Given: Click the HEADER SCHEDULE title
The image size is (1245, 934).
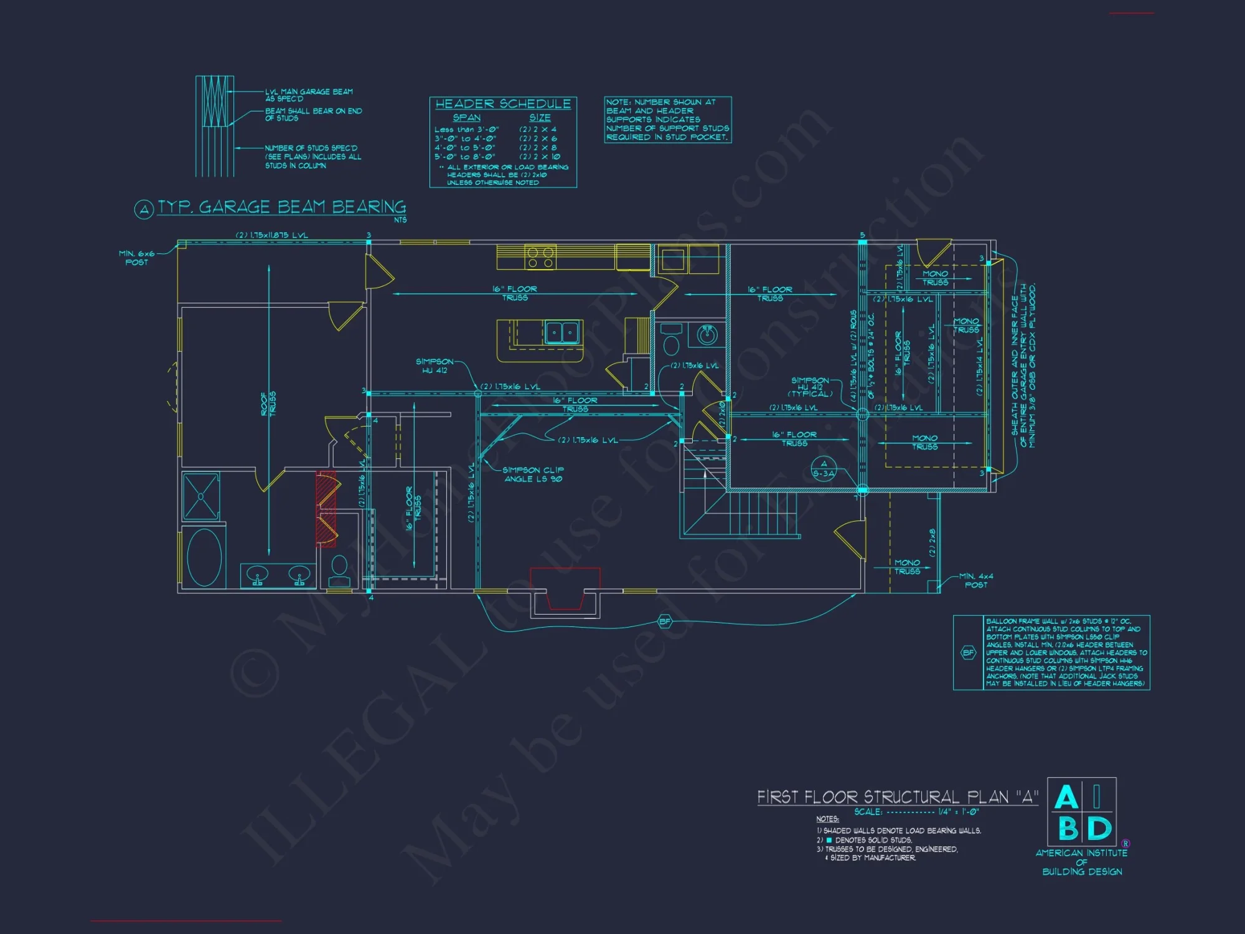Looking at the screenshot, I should tap(503, 104).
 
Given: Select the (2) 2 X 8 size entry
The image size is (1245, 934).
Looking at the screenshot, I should tap(538, 148).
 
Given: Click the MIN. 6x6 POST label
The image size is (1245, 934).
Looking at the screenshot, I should tap(136, 258).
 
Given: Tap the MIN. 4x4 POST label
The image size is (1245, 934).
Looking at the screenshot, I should tap(975, 580).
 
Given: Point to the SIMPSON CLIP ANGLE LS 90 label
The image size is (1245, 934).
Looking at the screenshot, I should tap(533, 474).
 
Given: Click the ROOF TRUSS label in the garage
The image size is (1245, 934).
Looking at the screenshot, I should tap(268, 404).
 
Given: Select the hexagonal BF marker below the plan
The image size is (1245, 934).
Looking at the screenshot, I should tap(665, 621).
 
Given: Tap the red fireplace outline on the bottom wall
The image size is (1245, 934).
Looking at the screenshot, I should tap(565, 588).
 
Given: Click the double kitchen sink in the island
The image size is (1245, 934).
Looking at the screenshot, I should tap(562, 333).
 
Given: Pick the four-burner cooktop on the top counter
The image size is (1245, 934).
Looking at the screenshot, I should tap(540, 257).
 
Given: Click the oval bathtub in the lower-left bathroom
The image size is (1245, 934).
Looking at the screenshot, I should tap(204, 558).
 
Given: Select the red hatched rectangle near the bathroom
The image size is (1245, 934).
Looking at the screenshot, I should tap(326, 509).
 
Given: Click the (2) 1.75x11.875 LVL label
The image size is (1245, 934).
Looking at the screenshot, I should tap(271, 235).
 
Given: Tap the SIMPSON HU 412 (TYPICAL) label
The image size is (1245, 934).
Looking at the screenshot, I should tap(810, 387).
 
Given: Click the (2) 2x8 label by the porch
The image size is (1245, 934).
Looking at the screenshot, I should tap(932, 542).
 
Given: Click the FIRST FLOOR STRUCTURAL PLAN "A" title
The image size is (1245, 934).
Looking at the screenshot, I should tap(897, 797).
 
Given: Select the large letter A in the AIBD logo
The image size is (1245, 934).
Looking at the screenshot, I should tap(1065, 798).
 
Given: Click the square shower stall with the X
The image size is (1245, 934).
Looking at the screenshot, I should tap(201, 496).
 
